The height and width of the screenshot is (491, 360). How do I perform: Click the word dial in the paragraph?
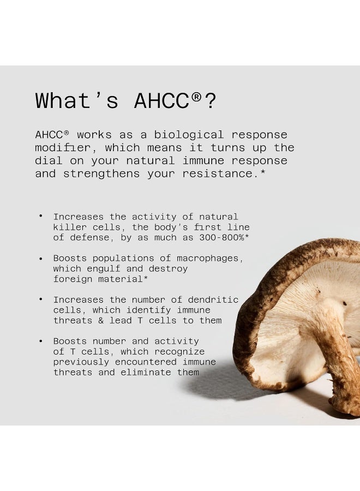(x=49, y=161)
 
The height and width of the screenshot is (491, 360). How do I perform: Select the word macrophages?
(x=211, y=258)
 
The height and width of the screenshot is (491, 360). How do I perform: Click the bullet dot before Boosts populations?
(x=40, y=259)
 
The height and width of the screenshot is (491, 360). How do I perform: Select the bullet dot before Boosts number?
(x=40, y=342)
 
